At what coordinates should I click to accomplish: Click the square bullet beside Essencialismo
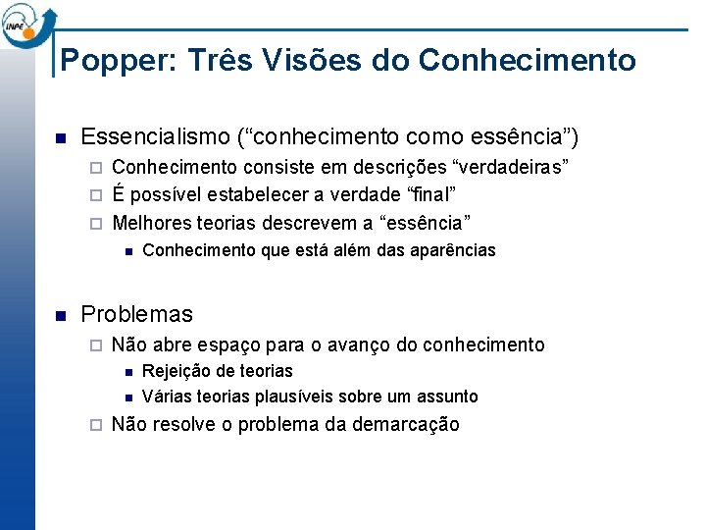pyautogui.click(x=61, y=136)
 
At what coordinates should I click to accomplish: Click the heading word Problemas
pyautogui.click(x=136, y=315)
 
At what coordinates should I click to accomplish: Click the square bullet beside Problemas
pyautogui.click(x=61, y=316)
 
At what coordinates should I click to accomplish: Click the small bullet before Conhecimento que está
pyautogui.click(x=127, y=251)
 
